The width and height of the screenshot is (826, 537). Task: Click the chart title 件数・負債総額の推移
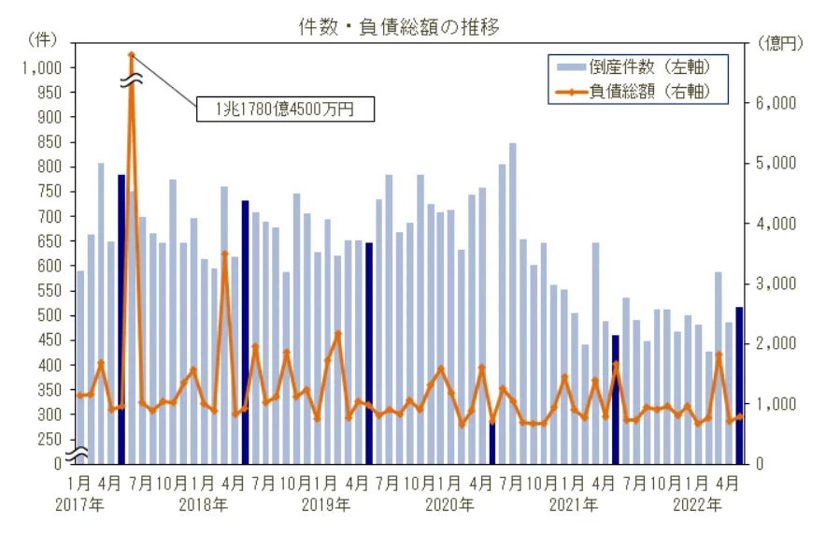coord(399,27)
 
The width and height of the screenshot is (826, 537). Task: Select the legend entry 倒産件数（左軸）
coord(634,67)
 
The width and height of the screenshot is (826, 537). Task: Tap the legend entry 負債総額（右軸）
coord(634,92)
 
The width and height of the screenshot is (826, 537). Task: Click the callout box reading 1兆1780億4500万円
coord(286,109)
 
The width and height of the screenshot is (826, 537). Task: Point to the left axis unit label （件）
coord(42,39)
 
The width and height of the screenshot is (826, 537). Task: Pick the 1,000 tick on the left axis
coord(42,67)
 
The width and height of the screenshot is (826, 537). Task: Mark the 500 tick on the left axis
coord(50,315)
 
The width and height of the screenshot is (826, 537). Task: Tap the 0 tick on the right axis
coord(760,464)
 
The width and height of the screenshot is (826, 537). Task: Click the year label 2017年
coord(79,505)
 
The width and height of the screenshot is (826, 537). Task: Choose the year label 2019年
coord(326,505)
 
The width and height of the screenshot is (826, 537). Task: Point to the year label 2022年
coord(697,505)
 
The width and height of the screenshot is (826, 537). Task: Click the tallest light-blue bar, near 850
coord(513,303)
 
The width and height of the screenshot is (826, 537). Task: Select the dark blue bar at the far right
coord(739,385)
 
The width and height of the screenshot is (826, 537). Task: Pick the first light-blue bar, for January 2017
coord(80,368)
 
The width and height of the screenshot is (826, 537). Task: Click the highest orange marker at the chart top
coord(132,54)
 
